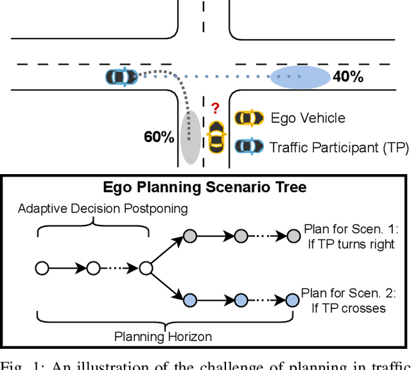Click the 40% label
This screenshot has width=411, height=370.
[x=348, y=78]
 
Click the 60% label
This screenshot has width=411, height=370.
[x=159, y=136]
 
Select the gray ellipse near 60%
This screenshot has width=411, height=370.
[x=189, y=137]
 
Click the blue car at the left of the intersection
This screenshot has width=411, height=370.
[x=122, y=77]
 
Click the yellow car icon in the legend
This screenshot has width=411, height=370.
[x=249, y=118]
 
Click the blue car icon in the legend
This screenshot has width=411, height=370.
[x=249, y=147]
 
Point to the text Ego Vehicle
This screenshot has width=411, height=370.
[x=308, y=118]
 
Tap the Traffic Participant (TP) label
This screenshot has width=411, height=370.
[x=338, y=148]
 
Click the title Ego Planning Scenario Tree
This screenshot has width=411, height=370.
[x=205, y=188]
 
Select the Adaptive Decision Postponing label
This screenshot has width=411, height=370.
[x=94, y=209]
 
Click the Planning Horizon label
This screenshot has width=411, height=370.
[x=163, y=336]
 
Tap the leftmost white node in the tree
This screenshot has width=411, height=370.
[x=42, y=268]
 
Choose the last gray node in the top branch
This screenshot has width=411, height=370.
[x=292, y=236]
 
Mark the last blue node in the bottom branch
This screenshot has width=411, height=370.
[x=292, y=300]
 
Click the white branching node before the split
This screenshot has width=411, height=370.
[x=146, y=268]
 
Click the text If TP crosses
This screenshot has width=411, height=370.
[x=349, y=308]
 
